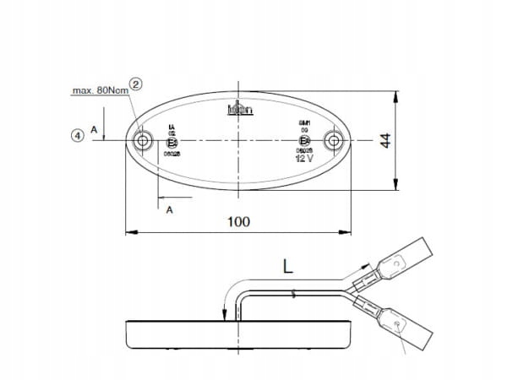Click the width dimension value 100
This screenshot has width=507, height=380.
pyautogui.click(x=239, y=221)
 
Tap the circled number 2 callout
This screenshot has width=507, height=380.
pyautogui.click(x=135, y=83)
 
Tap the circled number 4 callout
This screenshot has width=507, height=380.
pyautogui.click(x=78, y=134)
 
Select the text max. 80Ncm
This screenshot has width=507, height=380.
pyautogui.click(x=100, y=90)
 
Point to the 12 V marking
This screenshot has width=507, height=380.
pyautogui.click(x=304, y=158)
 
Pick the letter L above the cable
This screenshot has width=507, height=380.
pyautogui.click(x=287, y=269)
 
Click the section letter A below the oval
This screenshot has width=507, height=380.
pyautogui.click(x=170, y=209)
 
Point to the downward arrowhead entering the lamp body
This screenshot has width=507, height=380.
pyautogui.click(x=225, y=316)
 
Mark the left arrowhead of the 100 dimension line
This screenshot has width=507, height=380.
pyautogui.click(x=129, y=231)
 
